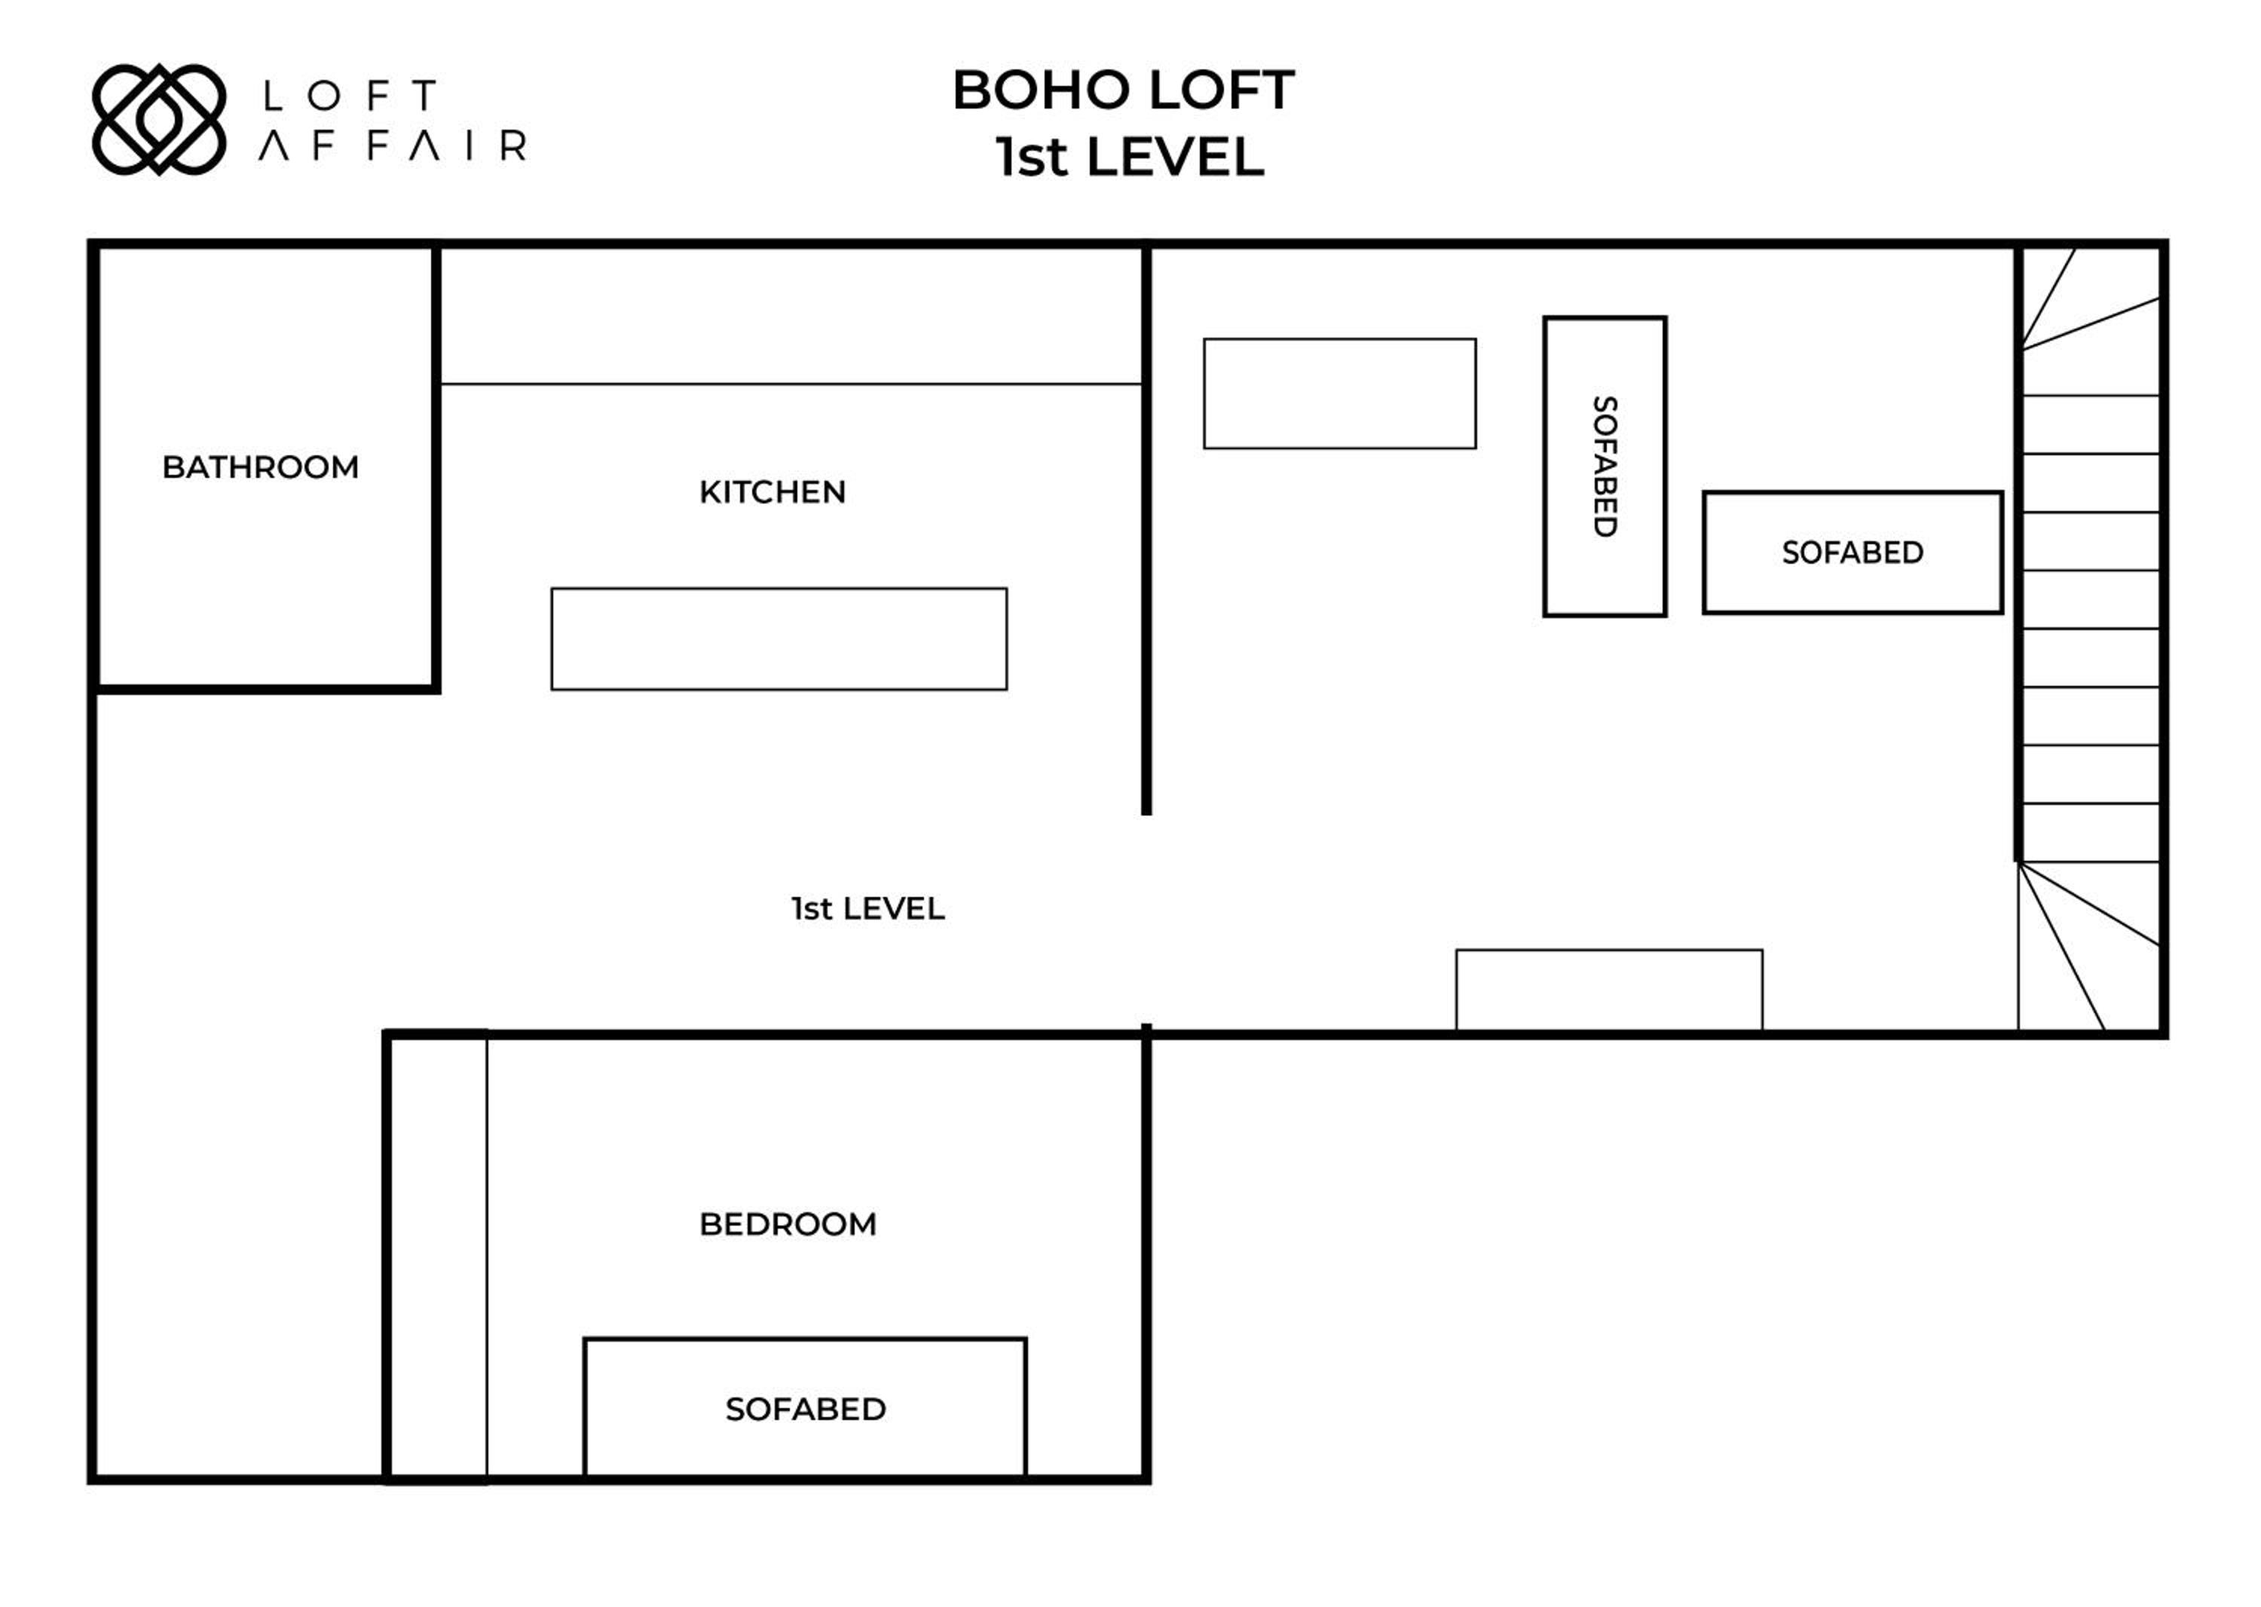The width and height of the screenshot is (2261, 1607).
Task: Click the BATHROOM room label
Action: tap(260, 467)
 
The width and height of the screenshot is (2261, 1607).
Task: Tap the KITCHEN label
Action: tap(772, 491)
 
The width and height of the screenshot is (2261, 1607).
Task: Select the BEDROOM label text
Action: tap(788, 1224)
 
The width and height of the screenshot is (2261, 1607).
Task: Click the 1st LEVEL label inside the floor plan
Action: tap(867, 908)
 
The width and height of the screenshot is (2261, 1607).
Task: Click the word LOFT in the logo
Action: tap(349, 96)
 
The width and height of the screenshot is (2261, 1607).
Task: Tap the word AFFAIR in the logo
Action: tap(392, 145)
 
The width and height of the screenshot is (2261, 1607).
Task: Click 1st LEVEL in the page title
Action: tap(1130, 158)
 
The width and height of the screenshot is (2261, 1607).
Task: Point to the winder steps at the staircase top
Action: tap(2090, 322)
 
